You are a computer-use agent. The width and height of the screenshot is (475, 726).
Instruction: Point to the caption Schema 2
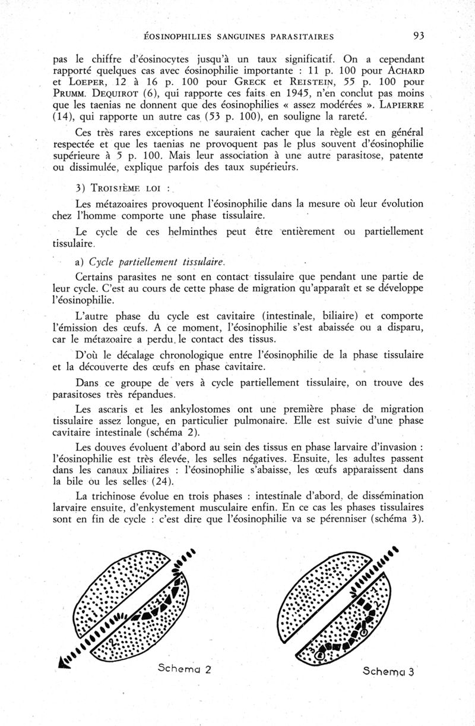(x=185, y=667)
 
